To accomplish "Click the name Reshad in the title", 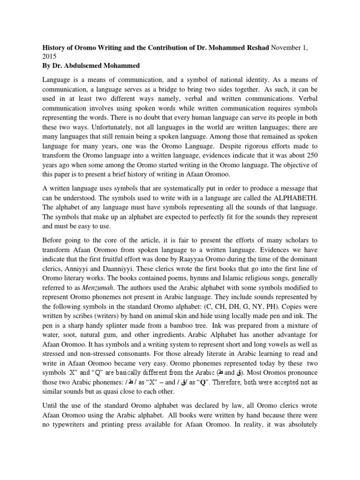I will click(x=253, y=48).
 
